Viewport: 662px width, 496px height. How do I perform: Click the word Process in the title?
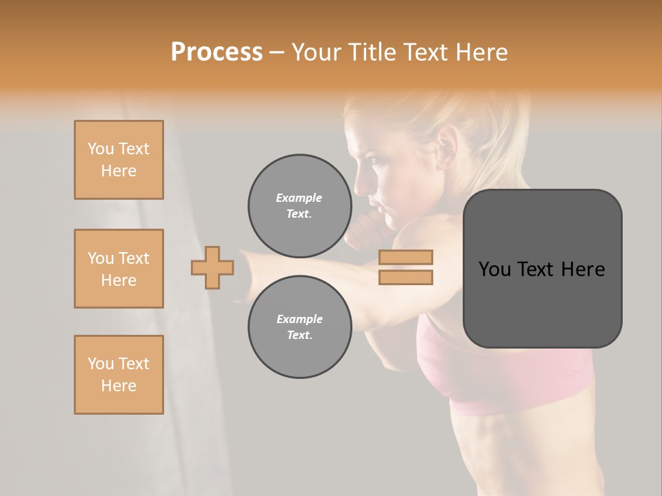pyautogui.click(x=217, y=52)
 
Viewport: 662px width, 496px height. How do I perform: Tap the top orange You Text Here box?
pyautogui.click(x=119, y=160)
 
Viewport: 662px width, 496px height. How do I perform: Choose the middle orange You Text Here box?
pyautogui.click(x=119, y=269)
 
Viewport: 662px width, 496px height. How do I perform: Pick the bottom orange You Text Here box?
pyautogui.click(x=119, y=375)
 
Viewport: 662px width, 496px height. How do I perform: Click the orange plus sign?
pyautogui.click(x=212, y=268)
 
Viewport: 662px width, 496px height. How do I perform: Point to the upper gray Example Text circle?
pyautogui.click(x=299, y=205)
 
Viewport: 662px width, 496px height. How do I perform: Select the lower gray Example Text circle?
pyautogui.click(x=299, y=327)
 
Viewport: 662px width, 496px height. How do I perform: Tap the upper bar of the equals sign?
pyautogui.click(x=406, y=258)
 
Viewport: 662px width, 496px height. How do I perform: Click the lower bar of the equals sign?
pyautogui.click(x=406, y=277)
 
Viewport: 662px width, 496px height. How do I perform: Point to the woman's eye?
pyautogui.click(x=379, y=161)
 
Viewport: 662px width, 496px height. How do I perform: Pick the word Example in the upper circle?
pyautogui.click(x=299, y=198)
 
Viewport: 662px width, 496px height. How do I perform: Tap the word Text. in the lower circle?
pyautogui.click(x=299, y=335)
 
